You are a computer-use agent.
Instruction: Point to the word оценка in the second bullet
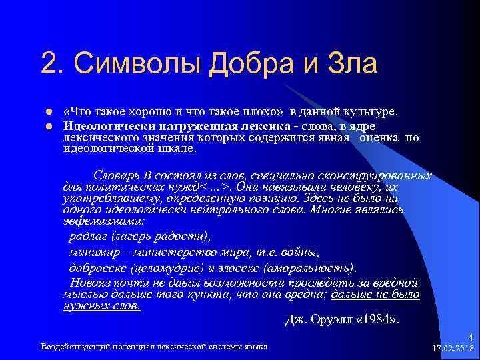click(381, 138)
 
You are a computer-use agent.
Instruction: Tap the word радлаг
click(89, 236)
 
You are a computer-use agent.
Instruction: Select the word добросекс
click(100, 268)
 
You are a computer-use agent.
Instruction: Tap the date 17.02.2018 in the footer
click(453, 349)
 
